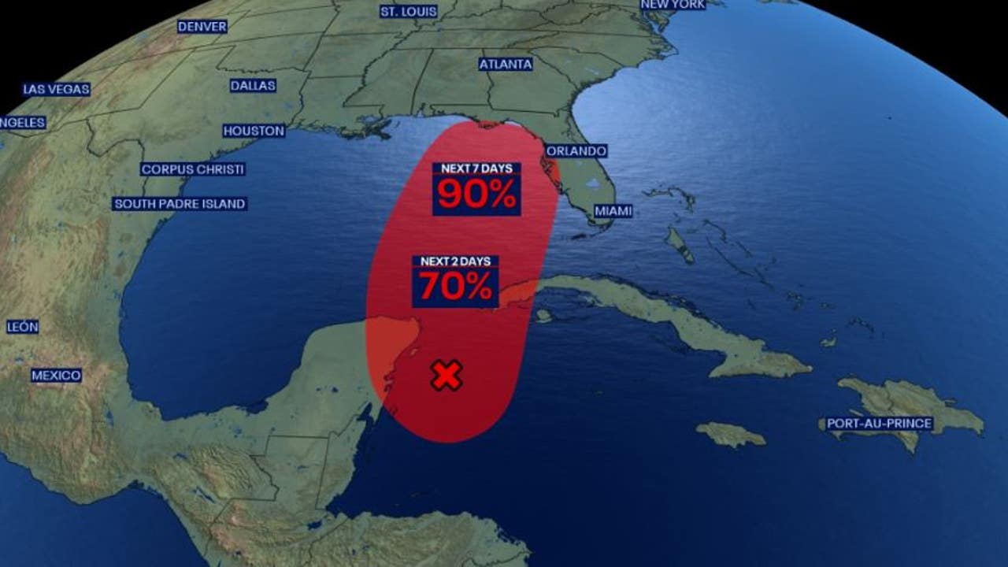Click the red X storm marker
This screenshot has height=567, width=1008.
[447, 376]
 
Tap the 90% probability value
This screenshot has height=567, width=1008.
[476, 194]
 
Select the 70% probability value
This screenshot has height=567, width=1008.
[455, 287]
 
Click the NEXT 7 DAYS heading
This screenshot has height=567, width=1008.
[476, 169]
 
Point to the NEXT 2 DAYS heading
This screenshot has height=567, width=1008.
[455, 261]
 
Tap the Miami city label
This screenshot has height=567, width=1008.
[613, 211]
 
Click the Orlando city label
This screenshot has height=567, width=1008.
[576, 150]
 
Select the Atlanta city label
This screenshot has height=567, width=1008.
[506, 64]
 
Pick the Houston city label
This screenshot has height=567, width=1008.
[254, 131]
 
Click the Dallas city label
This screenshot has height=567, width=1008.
[253, 85]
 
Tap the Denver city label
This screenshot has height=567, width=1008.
[202, 26]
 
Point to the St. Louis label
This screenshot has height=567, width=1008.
[409, 11]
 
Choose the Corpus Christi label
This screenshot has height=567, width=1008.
[193, 169]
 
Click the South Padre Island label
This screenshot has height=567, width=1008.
[180, 203]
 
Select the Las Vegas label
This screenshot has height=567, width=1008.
[56, 89]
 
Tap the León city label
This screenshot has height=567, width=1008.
[22, 326]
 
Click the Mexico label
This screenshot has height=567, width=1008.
[56, 375]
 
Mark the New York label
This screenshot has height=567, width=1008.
[673, 5]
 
